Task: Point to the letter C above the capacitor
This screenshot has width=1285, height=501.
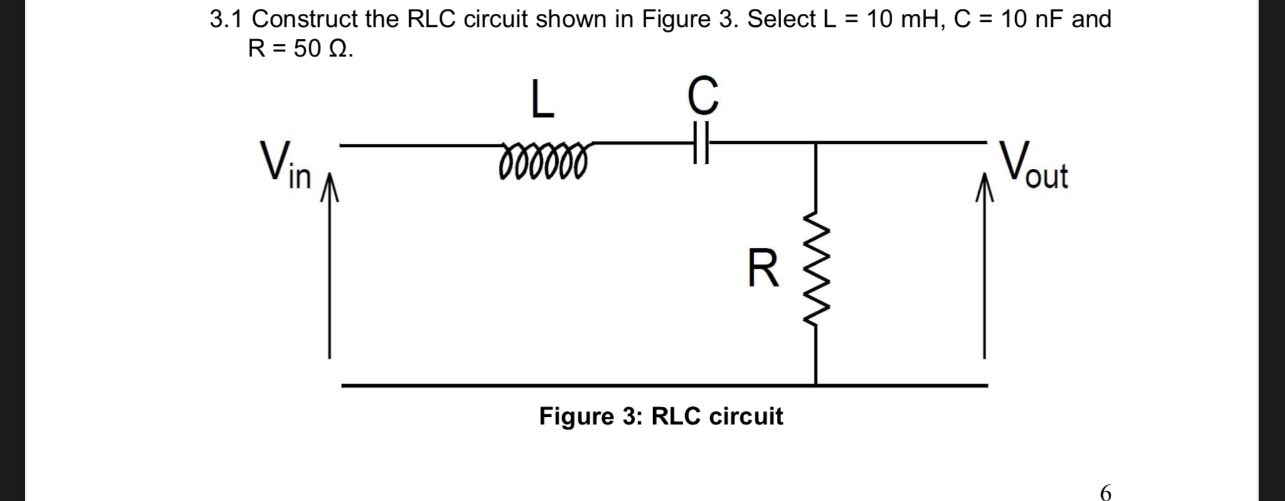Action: [x=702, y=95]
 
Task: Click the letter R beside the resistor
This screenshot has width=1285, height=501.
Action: [x=764, y=268]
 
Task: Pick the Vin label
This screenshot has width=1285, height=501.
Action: [x=285, y=164]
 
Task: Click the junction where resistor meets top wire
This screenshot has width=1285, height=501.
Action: [x=815, y=143]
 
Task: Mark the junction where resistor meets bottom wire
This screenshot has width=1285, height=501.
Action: [x=815, y=384]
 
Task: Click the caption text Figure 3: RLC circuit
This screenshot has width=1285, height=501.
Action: [x=661, y=416]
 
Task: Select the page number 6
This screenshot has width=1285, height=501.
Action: [x=1106, y=492]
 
